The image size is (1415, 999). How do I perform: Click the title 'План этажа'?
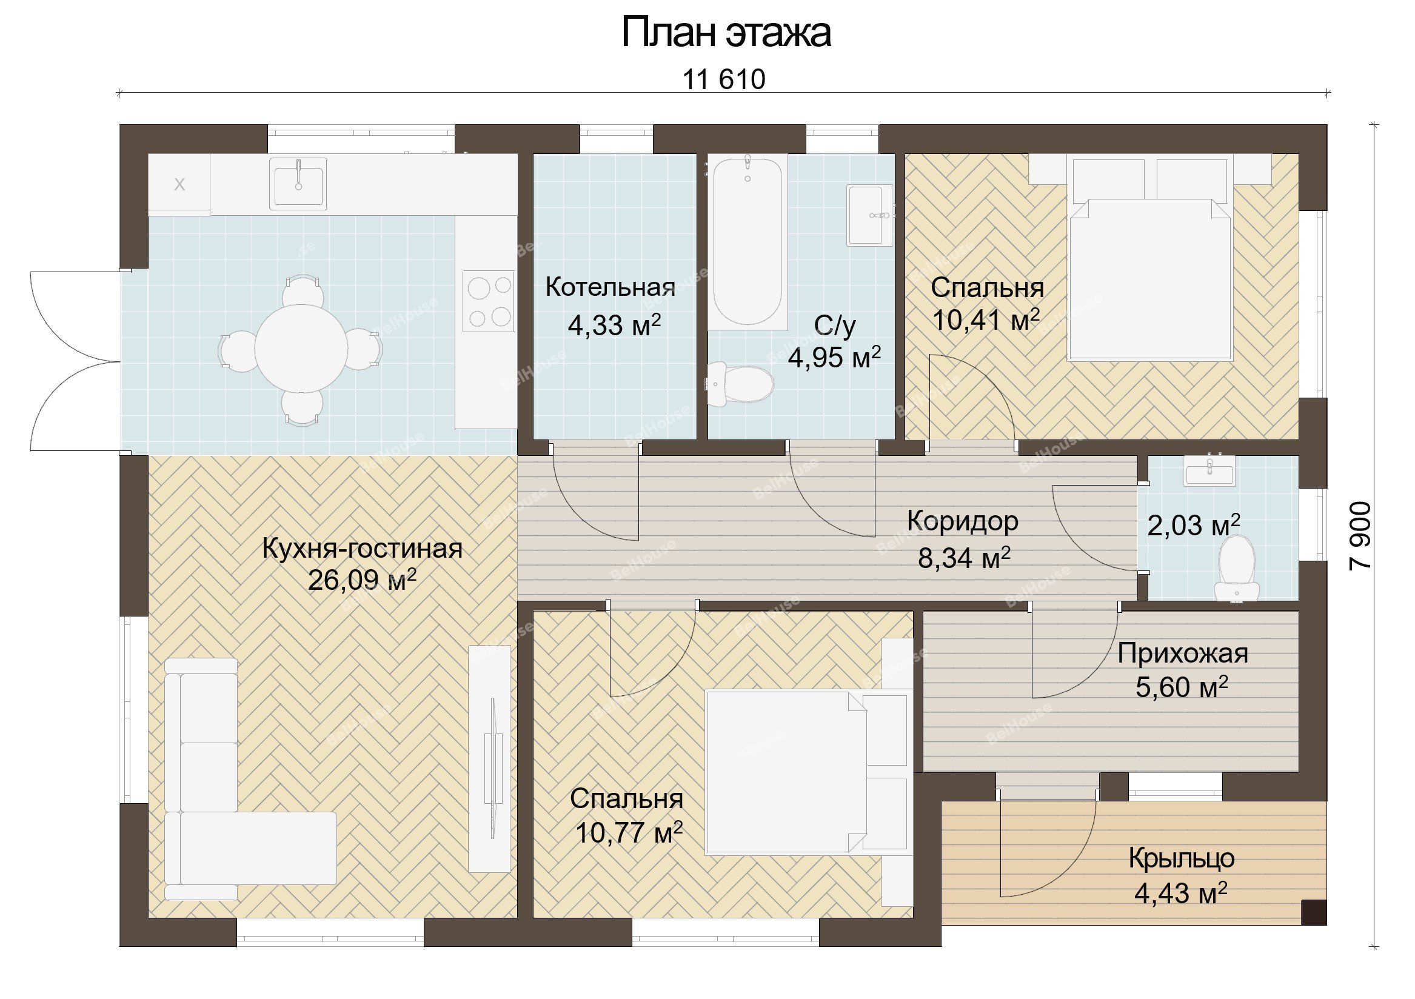725,33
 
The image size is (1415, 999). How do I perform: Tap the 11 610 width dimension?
723,79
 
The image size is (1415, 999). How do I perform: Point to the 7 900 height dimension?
1360,535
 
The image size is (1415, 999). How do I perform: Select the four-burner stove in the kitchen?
489,301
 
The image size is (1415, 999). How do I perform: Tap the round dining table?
301,348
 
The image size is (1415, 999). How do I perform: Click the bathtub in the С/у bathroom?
748,242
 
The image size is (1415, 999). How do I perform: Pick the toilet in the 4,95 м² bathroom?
740,384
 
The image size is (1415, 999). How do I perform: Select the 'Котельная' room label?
610,288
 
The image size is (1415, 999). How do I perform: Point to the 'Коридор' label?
963,521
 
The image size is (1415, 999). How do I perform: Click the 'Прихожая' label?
1183,654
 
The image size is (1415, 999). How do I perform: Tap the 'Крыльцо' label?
1182,858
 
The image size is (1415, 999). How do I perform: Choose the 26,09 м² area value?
363,580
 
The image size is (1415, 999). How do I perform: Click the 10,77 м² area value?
629,833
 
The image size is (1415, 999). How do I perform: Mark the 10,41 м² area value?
986,320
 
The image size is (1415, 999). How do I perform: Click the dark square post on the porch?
1314,913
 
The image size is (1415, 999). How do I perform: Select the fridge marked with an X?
179,184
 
